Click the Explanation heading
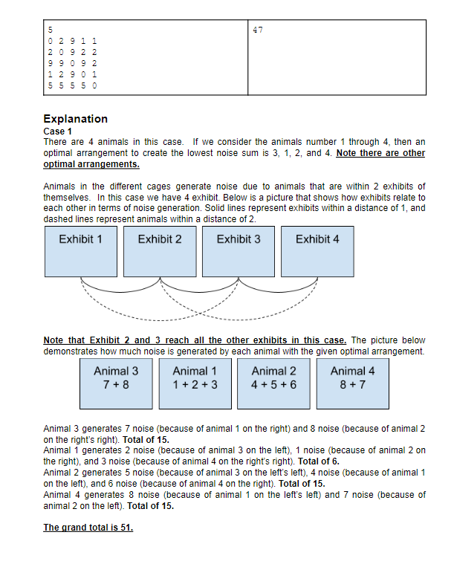pyautogui.click(x=75, y=119)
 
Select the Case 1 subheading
pyautogui.click(x=58, y=131)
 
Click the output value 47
pyautogui.click(x=258, y=30)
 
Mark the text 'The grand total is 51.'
pyautogui.click(x=88, y=528)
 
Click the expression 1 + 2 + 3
pyautogui.click(x=195, y=384)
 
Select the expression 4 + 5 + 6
pyautogui.click(x=274, y=384)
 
